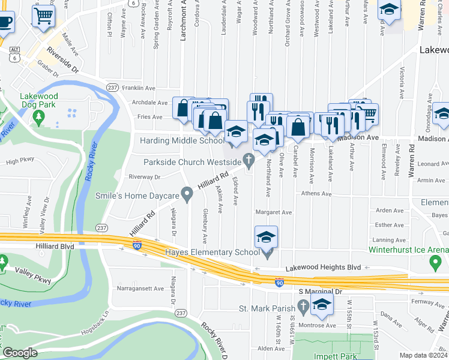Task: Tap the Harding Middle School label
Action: [x=182, y=141]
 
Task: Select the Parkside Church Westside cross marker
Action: [x=248, y=160]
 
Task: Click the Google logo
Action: [x=19, y=353]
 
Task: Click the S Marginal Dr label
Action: [x=320, y=291]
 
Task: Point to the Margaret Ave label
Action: [x=273, y=212]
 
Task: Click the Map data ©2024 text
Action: [x=422, y=355]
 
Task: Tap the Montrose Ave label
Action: [x=317, y=325]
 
